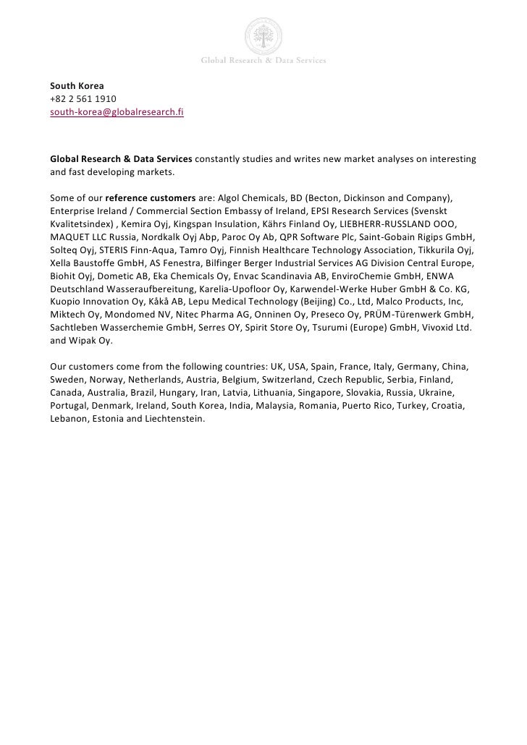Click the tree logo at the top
[263, 33]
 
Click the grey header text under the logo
[263, 61]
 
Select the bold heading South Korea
[77, 86]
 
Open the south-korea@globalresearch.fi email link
[117, 112]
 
